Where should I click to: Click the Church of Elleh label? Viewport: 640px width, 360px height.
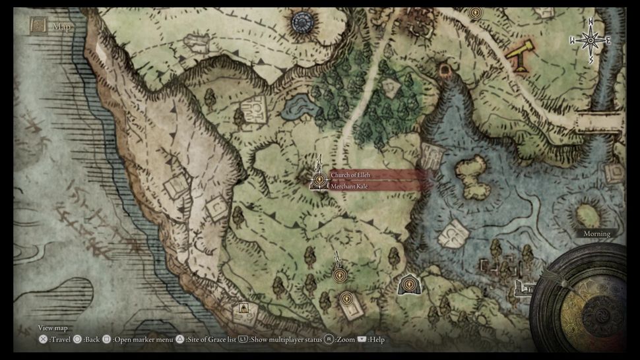[x=351, y=175]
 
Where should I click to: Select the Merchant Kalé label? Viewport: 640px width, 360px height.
[x=350, y=187]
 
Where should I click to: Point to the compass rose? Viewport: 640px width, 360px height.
[x=590, y=42]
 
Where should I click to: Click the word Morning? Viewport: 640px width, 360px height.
[x=596, y=233]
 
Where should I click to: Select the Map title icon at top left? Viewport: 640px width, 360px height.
[x=38, y=26]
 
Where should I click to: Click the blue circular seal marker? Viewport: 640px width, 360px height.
[x=302, y=22]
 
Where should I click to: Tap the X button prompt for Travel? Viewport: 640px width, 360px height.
[x=43, y=340]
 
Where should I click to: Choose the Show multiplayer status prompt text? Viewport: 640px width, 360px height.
[x=286, y=340]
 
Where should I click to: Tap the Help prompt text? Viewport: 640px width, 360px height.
[x=376, y=340]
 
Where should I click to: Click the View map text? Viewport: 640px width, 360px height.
[x=52, y=328]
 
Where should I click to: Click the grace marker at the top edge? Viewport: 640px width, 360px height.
[x=474, y=13]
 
